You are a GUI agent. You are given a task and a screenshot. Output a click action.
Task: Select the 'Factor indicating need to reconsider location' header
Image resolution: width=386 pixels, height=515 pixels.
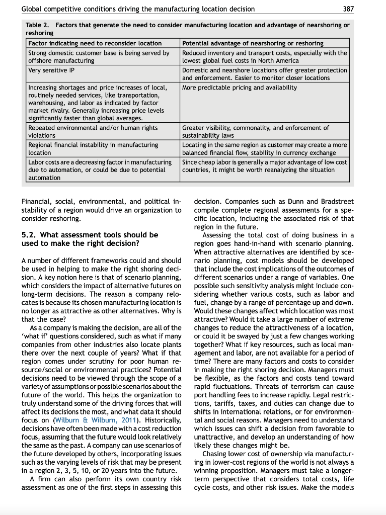[95, 43]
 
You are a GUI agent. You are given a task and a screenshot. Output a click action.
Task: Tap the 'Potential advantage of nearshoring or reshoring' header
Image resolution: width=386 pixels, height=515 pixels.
[253, 43]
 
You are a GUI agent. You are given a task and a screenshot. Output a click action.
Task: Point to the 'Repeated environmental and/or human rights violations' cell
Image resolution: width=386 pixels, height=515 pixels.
[93, 132]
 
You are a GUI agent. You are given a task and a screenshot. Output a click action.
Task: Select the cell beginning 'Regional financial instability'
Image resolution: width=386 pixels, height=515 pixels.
[93, 148]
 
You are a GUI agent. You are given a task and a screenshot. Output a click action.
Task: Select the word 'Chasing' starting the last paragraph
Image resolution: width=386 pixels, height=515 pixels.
[215, 454]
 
